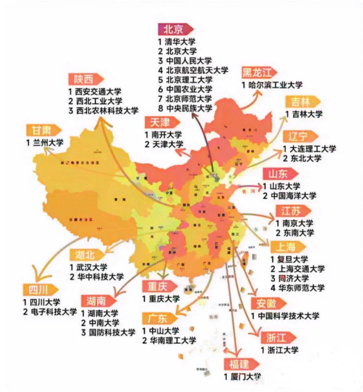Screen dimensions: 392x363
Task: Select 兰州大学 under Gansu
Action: [x=48, y=143]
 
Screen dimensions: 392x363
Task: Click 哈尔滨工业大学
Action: [x=275, y=85]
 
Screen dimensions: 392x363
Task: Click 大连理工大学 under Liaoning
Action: [x=313, y=148]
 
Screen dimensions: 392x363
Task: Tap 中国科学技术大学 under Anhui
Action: [x=289, y=315]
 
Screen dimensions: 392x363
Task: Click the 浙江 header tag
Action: [x=276, y=338]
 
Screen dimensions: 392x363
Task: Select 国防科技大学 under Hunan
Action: [x=111, y=332]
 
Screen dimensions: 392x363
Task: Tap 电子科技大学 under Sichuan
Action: [x=54, y=312]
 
